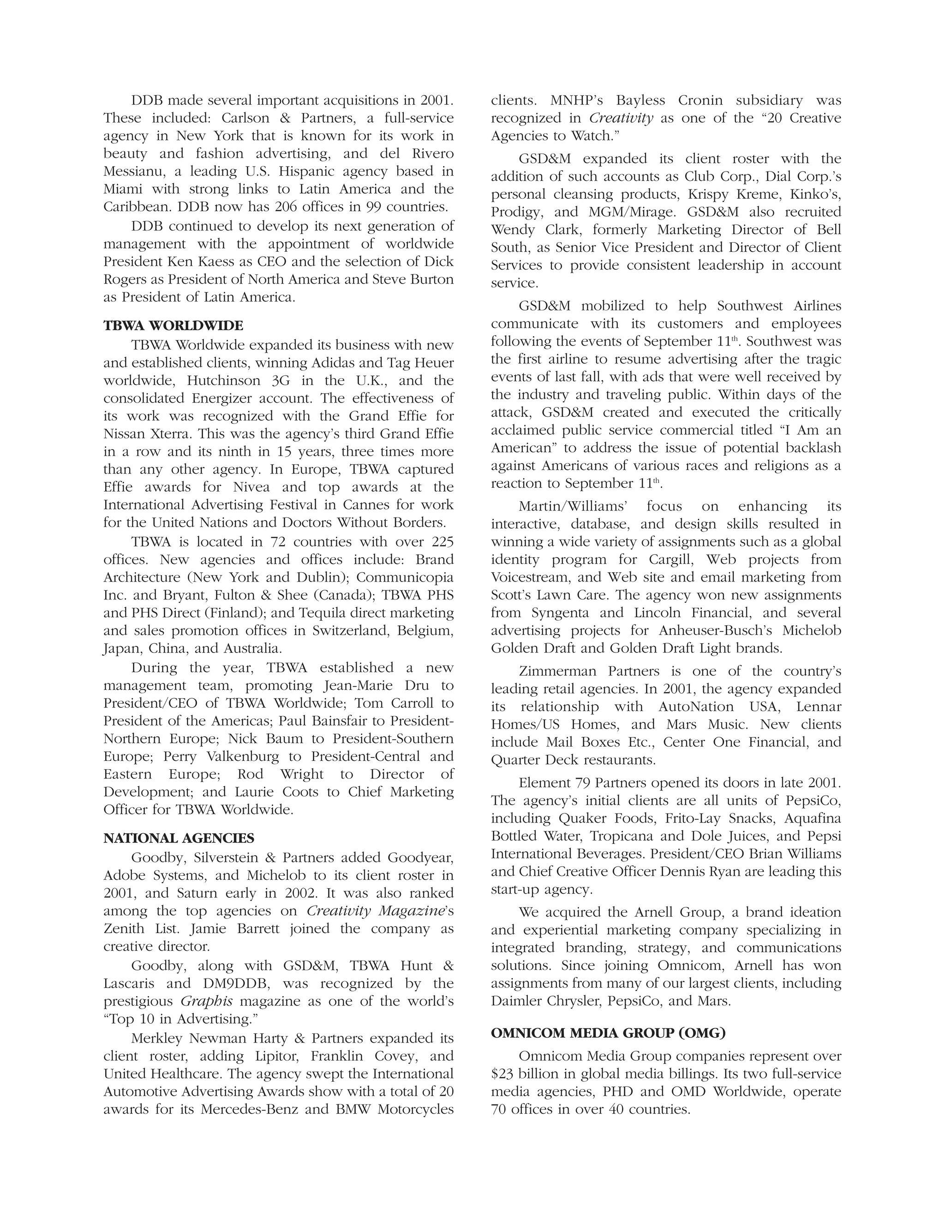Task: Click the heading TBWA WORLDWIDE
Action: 173,326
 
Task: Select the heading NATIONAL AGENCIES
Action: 179,838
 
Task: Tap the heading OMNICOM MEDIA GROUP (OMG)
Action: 608,1033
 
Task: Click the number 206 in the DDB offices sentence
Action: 287,207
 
